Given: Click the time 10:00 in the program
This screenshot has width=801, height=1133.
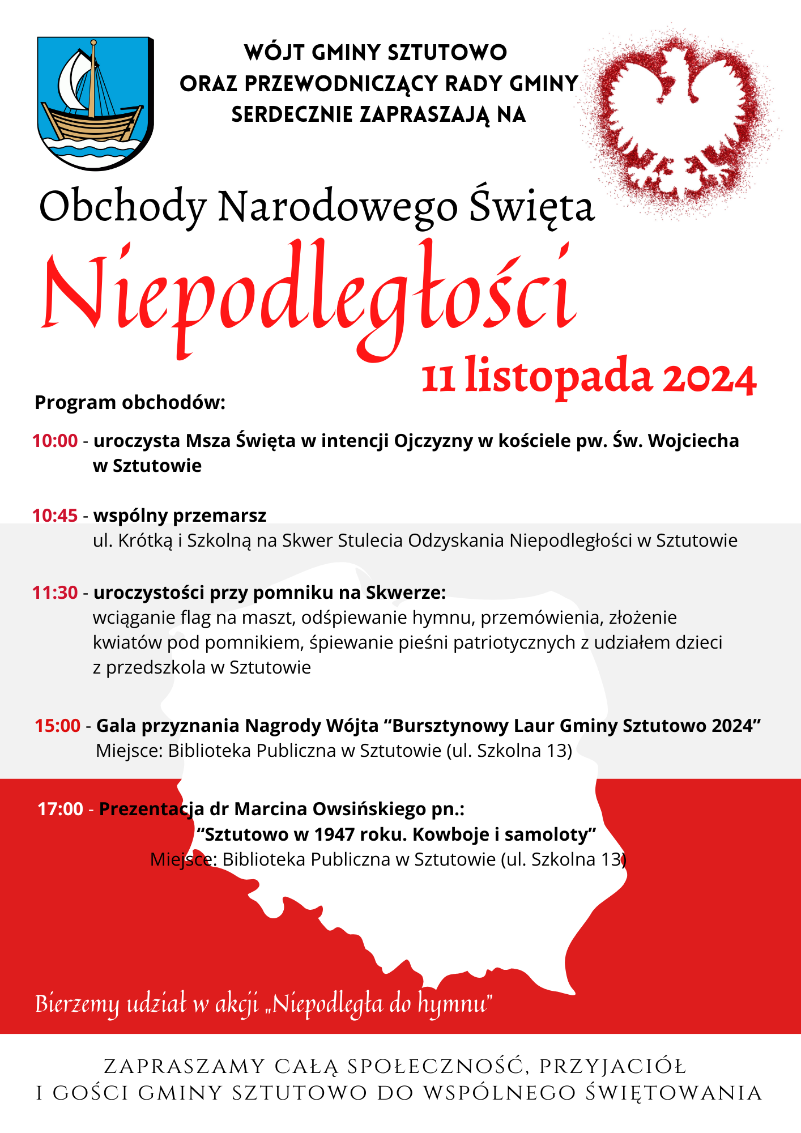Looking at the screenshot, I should [55, 441].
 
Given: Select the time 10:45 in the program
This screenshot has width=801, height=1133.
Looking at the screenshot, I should [55, 516].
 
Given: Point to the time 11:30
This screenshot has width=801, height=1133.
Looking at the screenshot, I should [55, 593].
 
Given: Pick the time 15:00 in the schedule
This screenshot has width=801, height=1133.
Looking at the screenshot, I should [58, 726].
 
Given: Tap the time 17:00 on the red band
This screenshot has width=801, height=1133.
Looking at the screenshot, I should [61, 809].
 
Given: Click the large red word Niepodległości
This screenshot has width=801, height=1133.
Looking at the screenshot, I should [309, 295].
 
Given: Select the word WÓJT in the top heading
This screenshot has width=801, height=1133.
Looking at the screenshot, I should [275, 53].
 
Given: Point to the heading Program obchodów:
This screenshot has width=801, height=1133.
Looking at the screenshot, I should [130, 403].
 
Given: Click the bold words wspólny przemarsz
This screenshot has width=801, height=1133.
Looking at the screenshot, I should [180, 516].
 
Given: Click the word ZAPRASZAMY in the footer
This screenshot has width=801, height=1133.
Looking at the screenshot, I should [185, 1067].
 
